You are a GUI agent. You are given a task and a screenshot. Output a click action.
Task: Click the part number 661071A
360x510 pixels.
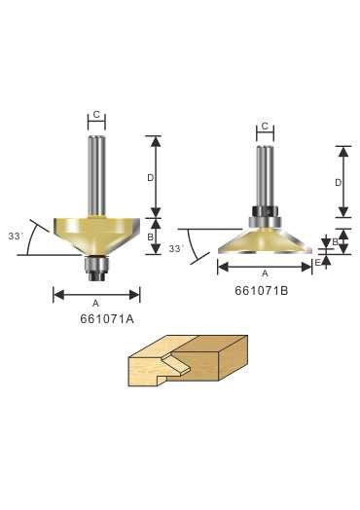pos(107,319)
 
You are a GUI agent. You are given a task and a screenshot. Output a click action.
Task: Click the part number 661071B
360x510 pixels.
pos(262,291)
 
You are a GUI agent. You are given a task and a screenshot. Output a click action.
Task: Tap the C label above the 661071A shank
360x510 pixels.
pos(96,115)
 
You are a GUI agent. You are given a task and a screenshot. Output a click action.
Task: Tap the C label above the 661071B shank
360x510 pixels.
pos(265,126)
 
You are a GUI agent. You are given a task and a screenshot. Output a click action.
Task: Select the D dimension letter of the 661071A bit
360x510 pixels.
pos(150,178)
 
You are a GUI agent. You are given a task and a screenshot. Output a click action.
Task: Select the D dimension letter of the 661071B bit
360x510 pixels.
pos(339,183)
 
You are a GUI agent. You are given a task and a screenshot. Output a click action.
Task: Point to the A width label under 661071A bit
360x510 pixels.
pos(95,304)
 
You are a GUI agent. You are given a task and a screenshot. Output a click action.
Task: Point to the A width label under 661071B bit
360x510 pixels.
pos(265,273)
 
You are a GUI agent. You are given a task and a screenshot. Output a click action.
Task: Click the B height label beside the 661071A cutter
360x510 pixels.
pos(150,237)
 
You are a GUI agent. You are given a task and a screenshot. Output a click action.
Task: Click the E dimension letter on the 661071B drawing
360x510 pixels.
pos(318,263)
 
